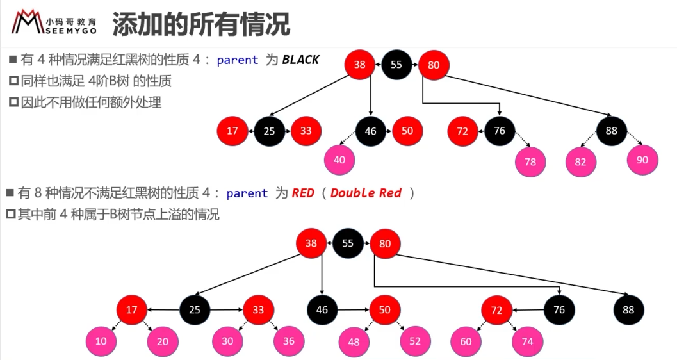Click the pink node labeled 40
coord(339,160)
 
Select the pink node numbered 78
coord(530,162)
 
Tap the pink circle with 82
coord(581,162)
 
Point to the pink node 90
coord(642,160)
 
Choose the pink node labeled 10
coord(101,341)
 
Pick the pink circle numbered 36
coord(289,341)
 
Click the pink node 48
coord(354,342)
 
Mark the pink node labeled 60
coord(466,342)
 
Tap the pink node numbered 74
coord(528,342)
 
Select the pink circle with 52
coord(415,341)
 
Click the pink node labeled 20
coord(163,342)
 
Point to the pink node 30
coord(227,341)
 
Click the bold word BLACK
coord(300,60)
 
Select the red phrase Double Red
coord(366,193)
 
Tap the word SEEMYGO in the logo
coord(71,31)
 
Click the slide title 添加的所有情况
coord(200,24)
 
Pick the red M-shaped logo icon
coord(28,22)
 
